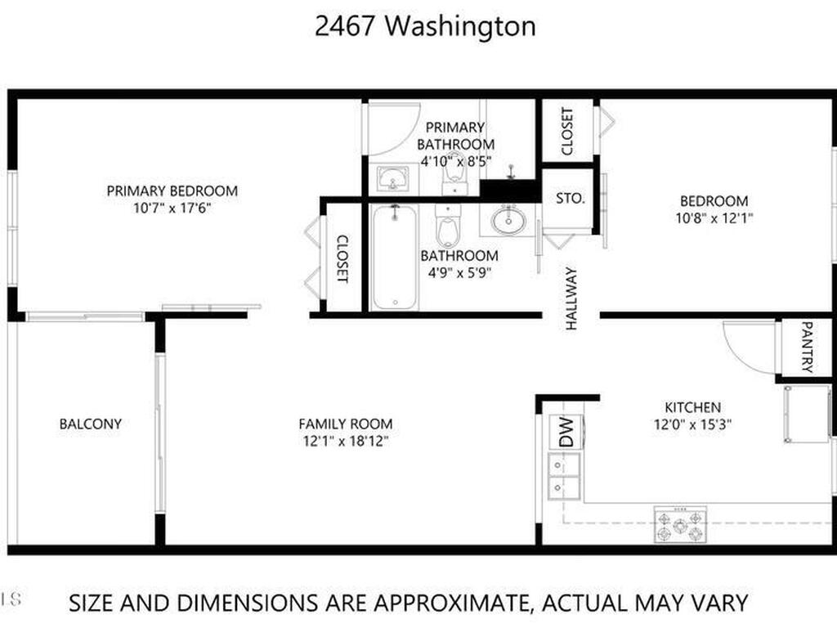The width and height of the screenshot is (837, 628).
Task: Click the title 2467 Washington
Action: pos(425,26)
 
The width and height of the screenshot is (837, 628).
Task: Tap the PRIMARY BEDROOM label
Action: pos(172,191)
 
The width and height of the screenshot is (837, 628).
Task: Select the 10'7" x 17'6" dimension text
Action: pos(172,208)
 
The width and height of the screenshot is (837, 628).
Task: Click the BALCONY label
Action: pos(91,424)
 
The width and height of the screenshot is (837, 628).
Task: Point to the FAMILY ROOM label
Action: pos(346,424)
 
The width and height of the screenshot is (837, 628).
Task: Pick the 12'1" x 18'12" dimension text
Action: pos(346,441)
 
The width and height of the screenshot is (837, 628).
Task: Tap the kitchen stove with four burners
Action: pos(680,524)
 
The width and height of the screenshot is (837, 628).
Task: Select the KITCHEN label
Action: pos(692,407)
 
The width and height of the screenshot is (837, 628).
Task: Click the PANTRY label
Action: pos(807,347)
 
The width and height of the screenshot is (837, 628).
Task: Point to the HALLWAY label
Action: pos(571,298)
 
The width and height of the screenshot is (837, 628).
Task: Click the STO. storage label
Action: pos(570,199)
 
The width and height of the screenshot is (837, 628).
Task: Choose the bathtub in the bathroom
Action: pos(395,257)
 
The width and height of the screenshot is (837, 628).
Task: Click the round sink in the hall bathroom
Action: pos(508,220)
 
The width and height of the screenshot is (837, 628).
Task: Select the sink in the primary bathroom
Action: pos(393,178)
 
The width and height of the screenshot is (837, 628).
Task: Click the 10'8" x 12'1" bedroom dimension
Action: pos(714,218)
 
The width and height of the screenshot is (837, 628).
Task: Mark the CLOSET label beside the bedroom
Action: pos(567,132)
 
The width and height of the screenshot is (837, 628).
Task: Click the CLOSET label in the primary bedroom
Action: pos(342,259)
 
